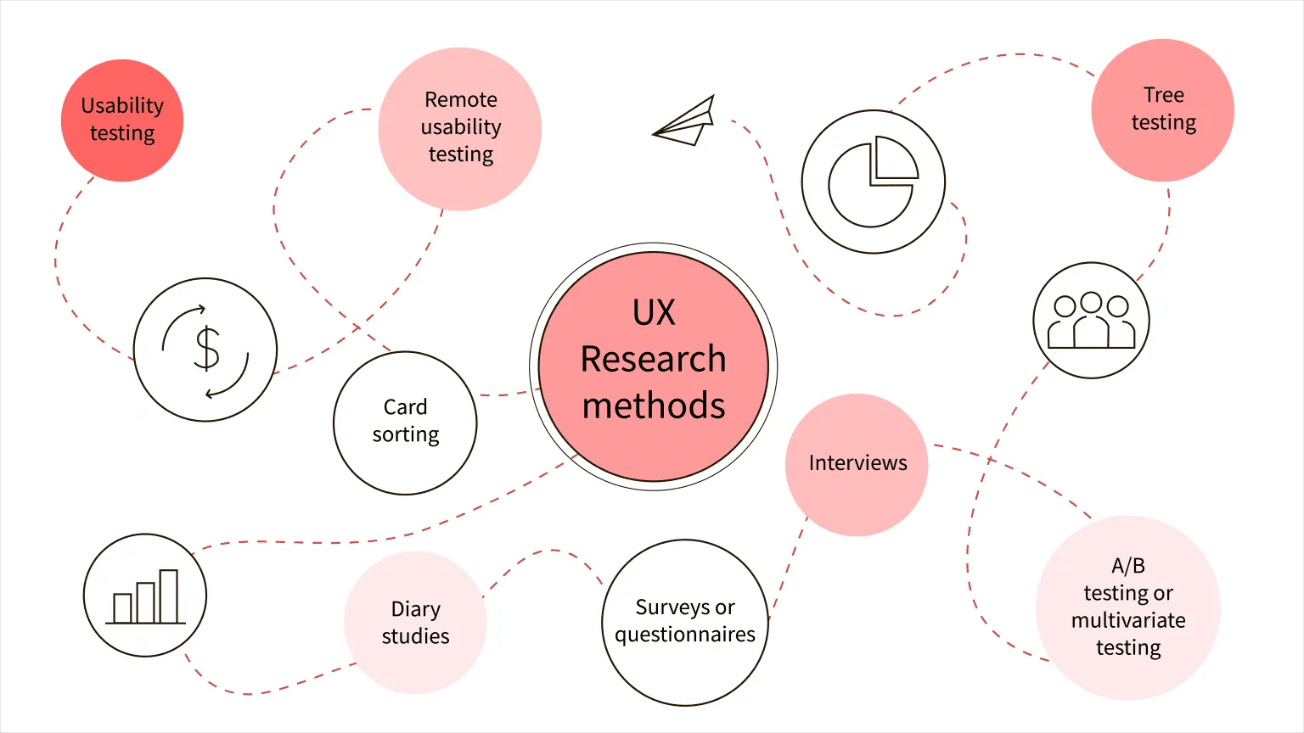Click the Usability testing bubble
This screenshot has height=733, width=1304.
point(122,120)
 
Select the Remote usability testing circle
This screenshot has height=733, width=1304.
point(460,128)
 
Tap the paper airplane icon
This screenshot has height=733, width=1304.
point(686,122)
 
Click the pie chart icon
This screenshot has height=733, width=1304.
point(873,182)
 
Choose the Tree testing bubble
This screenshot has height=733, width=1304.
point(1162,109)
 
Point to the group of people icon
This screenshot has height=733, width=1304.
point(1091,321)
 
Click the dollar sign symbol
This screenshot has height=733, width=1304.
point(207,349)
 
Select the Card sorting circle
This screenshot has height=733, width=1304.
point(405,422)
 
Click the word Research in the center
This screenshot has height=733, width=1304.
point(653,359)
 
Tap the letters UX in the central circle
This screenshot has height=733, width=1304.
point(654,313)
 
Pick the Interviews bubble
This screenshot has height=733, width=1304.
point(857,463)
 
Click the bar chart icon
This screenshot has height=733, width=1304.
point(145,596)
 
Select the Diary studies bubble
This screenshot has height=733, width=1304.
point(415,623)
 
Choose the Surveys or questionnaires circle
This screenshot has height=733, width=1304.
point(684,621)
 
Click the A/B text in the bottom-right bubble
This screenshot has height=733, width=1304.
point(1128,566)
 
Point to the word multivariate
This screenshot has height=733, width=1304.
point(1128,620)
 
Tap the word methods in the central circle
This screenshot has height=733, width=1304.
point(654,406)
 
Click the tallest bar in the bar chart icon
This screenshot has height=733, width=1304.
point(168,596)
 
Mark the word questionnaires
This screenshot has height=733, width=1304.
point(684,635)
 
